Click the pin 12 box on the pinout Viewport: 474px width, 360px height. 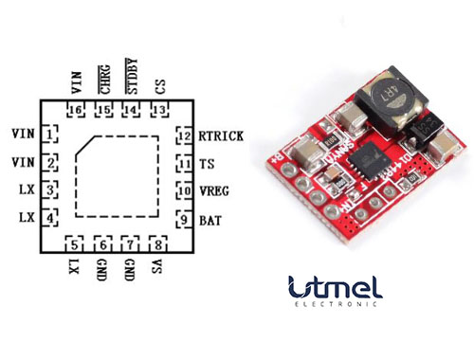tap(184, 135)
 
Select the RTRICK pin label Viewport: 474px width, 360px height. tap(222, 135)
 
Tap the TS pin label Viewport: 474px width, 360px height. tap(208, 163)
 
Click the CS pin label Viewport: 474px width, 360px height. tap(160, 85)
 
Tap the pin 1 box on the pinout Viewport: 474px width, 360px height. tap(52, 135)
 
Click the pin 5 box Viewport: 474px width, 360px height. tap(77, 244)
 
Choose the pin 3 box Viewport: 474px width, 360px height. tap(52, 190)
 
